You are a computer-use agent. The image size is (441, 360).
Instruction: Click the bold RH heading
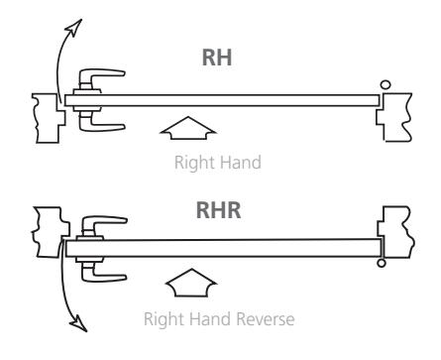(217, 58)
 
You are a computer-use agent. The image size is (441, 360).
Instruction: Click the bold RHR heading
(218, 210)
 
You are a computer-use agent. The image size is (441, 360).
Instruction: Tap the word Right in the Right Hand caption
(194, 164)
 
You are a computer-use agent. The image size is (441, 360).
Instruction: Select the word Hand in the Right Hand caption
(240, 163)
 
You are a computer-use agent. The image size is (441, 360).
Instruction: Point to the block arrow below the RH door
(188, 128)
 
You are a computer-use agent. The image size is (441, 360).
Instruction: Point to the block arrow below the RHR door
(191, 283)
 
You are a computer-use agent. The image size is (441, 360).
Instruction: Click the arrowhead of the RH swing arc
(74, 28)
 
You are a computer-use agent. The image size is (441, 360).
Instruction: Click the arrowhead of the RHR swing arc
(79, 323)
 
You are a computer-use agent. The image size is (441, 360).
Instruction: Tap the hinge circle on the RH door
(386, 84)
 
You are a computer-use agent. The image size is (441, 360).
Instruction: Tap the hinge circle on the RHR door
(382, 263)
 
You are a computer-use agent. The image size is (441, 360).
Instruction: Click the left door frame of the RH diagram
(49, 118)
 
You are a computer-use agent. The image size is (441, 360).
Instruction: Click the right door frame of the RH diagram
(394, 117)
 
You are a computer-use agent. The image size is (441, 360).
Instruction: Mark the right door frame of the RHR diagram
(395, 232)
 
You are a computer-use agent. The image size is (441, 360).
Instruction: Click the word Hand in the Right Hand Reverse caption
(211, 319)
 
